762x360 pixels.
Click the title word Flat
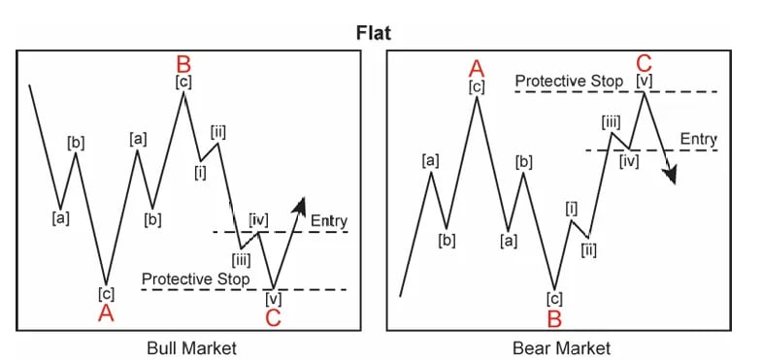click(x=380, y=33)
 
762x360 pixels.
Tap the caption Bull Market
click(x=190, y=346)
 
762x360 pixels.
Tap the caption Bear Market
click(x=563, y=346)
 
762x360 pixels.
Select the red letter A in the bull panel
click(x=106, y=312)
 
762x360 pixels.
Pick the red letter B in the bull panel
click(x=183, y=64)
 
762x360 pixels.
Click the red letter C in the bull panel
click(x=273, y=317)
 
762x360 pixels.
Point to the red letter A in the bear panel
click(x=477, y=68)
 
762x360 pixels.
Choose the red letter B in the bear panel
click(x=554, y=317)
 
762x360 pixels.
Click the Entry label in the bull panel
click(x=328, y=222)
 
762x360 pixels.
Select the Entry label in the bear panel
click(x=698, y=140)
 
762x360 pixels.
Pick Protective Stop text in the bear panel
click(x=569, y=81)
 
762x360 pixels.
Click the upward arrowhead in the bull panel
click(x=301, y=204)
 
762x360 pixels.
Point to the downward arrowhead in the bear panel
click(x=669, y=175)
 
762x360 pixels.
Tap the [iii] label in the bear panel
click(x=611, y=121)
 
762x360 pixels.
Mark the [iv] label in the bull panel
click(x=258, y=219)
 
